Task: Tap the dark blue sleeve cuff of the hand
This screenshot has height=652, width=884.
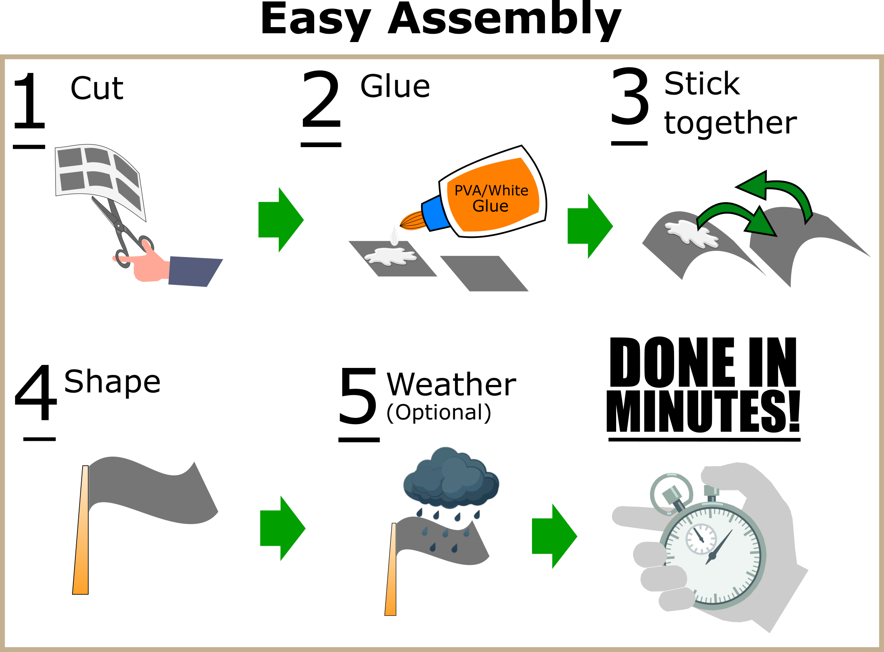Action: (x=194, y=272)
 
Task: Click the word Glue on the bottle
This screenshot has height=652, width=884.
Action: (x=490, y=206)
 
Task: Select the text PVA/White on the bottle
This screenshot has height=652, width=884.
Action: (x=491, y=190)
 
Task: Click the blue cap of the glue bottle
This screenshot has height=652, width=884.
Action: (x=435, y=213)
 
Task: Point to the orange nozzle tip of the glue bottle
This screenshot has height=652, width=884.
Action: (x=412, y=221)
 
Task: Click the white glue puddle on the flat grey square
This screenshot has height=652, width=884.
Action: (x=390, y=256)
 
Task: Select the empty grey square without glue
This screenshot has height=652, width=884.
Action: (x=484, y=273)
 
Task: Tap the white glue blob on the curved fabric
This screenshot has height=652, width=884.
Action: (x=692, y=233)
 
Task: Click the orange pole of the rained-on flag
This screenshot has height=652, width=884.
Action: (x=391, y=575)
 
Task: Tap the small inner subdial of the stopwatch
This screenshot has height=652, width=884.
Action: (x=701, y=539)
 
